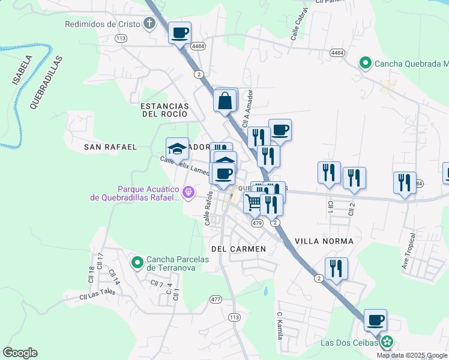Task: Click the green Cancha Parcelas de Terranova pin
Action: (x=137, y=262)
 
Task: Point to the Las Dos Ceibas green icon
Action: (x=387, y=343)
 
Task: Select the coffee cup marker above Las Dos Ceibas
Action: (x=376, y=320)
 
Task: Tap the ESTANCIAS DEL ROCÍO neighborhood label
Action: (x=164, y=110)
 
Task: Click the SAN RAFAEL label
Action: (x=110, y=146)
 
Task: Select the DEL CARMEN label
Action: (x=238, y=248)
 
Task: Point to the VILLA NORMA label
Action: (x=328, y=241)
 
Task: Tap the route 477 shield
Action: (x=216, y=299)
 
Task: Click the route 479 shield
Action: (x=257, y=223)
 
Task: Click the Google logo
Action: (x=20, y=353)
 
